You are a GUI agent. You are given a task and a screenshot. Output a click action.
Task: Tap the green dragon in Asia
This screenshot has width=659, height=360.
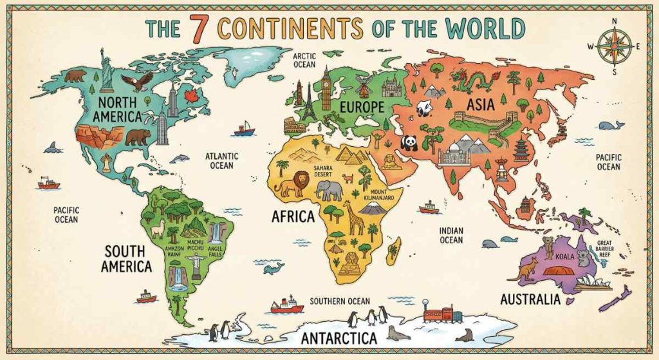tap(470, 81)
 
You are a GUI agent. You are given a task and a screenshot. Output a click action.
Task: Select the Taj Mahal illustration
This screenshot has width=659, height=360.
tap(456, 155)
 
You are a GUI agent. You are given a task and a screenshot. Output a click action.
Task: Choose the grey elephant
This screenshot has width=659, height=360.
tap(330, 190)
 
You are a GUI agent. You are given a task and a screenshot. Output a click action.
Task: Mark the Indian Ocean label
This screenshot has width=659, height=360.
tap(451, 235)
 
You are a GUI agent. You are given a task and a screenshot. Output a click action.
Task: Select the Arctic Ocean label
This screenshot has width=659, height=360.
tap(304, 61)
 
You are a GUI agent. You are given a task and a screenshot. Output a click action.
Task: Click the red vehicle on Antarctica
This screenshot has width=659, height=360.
tap(442, 315)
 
